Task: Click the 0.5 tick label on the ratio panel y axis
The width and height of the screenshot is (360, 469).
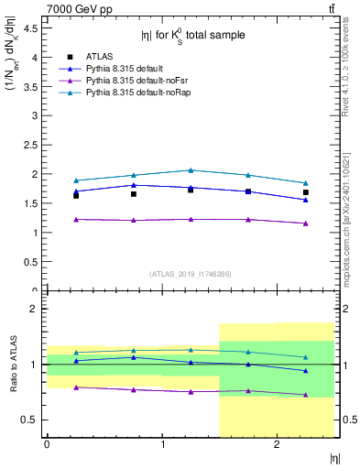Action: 30,420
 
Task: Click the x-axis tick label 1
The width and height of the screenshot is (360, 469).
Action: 162,444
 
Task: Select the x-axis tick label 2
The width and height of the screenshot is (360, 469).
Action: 277,444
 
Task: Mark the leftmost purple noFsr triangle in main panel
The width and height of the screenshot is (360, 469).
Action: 76,219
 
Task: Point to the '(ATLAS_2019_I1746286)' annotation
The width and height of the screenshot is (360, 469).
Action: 191,273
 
